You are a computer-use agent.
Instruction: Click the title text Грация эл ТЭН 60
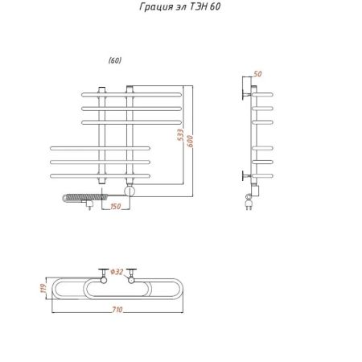point(180,6)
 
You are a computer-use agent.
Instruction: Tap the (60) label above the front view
point(115,60)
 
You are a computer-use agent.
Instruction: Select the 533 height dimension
point(181,135)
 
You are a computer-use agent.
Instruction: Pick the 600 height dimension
point(190,141)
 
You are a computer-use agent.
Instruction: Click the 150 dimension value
point(116,207)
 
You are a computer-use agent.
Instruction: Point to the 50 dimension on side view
point(257,74)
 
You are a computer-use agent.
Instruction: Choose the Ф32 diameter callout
point(117,272)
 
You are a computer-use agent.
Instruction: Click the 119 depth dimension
point(43,288)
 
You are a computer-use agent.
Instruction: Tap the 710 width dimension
point(117,310)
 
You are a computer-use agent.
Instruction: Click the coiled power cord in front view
point(85,198)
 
